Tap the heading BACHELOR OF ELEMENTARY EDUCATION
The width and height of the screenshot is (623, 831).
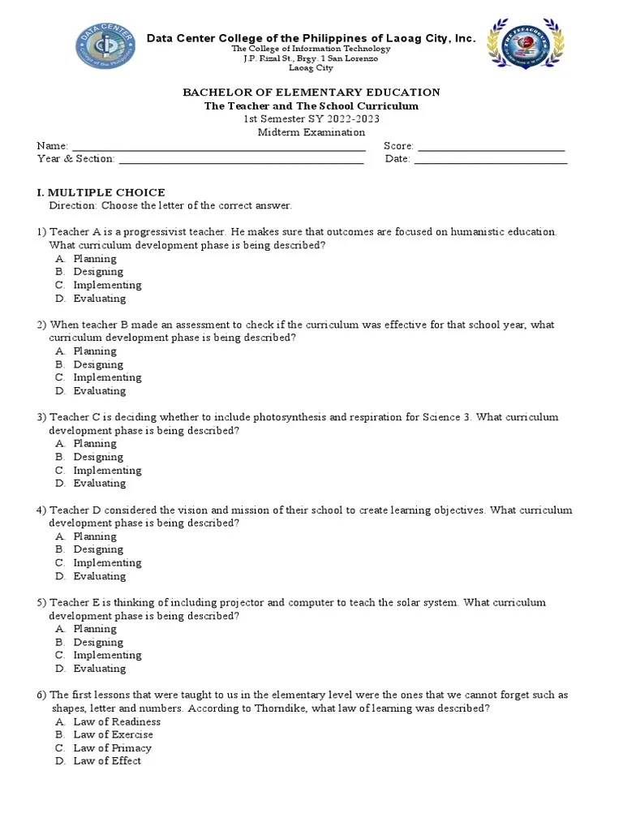click(x=311, y=93)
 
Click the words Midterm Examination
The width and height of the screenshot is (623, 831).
click(x=311, y=132)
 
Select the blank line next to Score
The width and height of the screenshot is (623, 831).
click(x=491, y=147)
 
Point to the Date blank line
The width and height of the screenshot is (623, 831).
click(x=490, y=160)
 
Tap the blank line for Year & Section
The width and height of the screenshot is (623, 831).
click(x=241, y=160)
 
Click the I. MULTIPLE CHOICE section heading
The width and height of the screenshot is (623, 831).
click(x=101, y=192)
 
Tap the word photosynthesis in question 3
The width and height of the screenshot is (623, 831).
click(x=290, y=417)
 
